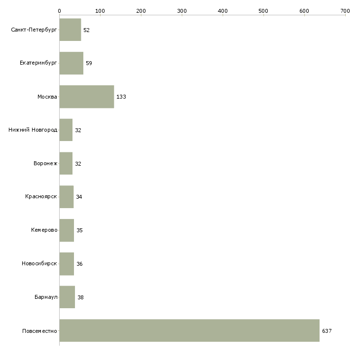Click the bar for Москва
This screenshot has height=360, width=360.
(87, 97)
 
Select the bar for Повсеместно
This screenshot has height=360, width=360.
(189, 330)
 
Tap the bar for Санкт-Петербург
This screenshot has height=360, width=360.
(70, 30)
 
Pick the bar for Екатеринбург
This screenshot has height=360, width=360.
(72, 63)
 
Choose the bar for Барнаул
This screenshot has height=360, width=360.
(67, 297)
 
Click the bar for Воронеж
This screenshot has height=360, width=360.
(66, 163)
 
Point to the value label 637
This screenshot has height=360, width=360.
(326, 331)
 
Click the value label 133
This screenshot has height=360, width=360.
(121, 97)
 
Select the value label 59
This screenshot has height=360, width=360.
(89, 63)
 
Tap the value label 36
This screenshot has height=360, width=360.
(79, 264)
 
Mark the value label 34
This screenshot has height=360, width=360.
(79, 197)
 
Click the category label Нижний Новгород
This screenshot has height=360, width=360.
(33, 130)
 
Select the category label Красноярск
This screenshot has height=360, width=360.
(41, 197)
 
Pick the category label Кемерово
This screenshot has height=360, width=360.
(44, 230)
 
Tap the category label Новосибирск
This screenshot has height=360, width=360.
(39, 263)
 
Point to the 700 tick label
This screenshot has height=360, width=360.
(345, 11)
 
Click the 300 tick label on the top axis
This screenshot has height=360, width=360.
(182, 11)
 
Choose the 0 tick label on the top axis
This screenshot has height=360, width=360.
(60, 11)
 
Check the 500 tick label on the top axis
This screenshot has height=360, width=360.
(263, 11)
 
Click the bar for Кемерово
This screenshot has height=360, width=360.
(67, 230)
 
